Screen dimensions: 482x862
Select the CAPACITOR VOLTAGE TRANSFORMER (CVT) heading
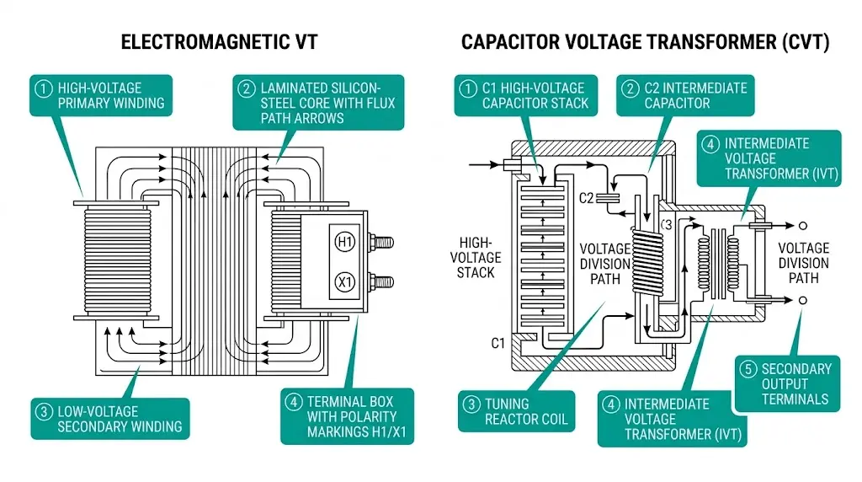tap(645, 42)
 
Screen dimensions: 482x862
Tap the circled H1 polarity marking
tap(344, 242)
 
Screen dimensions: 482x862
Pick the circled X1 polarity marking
tap(344, 281)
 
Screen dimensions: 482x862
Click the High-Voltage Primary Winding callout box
tap(101, 95)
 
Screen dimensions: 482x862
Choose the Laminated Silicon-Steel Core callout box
tap(318, 103)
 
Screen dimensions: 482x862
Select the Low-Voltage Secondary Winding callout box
tap(109, 419)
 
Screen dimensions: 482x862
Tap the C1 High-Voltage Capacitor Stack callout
tap(525, 95)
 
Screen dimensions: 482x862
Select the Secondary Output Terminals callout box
tap(785, 383)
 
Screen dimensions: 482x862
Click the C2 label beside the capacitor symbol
tap(588, 198)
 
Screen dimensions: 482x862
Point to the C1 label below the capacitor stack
tap(498, 343)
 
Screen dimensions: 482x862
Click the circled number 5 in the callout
tap(748, 369)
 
